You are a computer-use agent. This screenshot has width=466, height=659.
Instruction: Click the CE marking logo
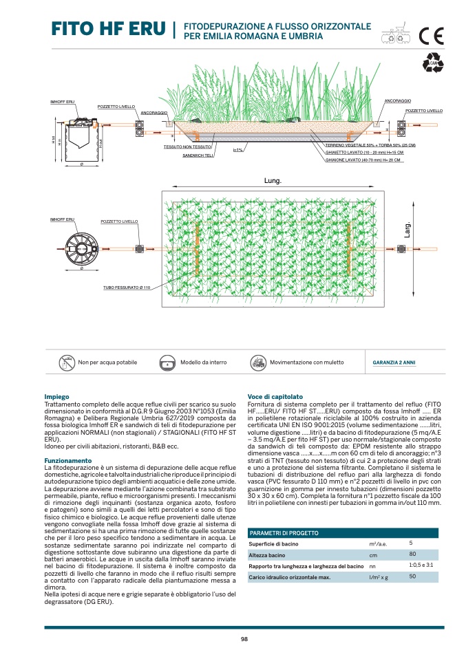(432, 34)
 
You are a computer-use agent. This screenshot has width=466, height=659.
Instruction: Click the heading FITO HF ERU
(109, 29)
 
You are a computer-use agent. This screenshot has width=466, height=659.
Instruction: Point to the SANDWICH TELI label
(199, 156)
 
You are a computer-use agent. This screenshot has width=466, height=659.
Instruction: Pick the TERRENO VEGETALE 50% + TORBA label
(370, 146)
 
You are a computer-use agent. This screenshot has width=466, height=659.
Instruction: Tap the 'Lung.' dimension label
(273, 180)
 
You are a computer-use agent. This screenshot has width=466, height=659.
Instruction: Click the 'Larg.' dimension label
(407, 230)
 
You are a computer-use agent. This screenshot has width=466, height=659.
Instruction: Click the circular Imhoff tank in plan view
(82, 246)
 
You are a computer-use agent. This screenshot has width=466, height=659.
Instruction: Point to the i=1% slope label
(237, 150)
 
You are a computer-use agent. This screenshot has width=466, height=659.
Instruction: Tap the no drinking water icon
(66, 362)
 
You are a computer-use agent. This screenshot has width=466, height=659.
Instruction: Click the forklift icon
(258, 362)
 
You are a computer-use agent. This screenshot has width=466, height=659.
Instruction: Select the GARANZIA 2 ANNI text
(394, 363)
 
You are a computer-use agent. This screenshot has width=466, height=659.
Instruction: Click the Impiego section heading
(56, 397)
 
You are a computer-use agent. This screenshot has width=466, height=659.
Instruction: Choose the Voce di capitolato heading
(275, 397)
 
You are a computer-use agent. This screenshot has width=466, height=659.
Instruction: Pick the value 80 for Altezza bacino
(412, 554)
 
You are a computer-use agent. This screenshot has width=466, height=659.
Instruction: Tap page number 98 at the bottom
(244, 640)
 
